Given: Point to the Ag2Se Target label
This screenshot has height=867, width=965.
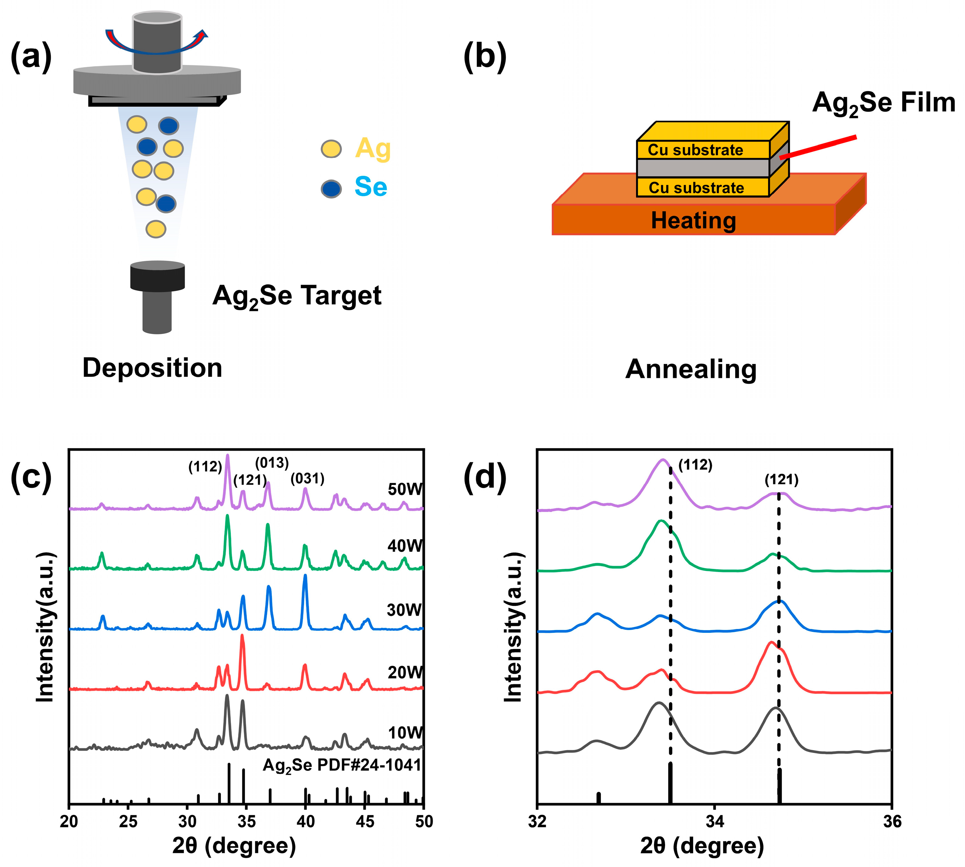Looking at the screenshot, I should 296,296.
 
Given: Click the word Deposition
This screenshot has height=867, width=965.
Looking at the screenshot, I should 152,368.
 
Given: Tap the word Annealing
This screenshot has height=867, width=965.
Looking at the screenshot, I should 691,369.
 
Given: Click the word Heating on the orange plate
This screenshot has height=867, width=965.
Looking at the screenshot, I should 693,221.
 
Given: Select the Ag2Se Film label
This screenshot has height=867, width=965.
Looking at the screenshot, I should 883,103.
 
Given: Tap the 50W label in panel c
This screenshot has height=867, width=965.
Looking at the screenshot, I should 405,489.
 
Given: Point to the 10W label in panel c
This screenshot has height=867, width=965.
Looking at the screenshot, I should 405,733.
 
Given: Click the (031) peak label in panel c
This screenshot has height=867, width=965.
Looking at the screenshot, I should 308,478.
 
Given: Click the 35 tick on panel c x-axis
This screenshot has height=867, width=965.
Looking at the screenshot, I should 246,821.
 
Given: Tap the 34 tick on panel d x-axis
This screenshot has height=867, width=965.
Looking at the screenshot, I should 715,821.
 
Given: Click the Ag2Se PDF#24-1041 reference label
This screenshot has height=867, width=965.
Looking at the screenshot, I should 342,765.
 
